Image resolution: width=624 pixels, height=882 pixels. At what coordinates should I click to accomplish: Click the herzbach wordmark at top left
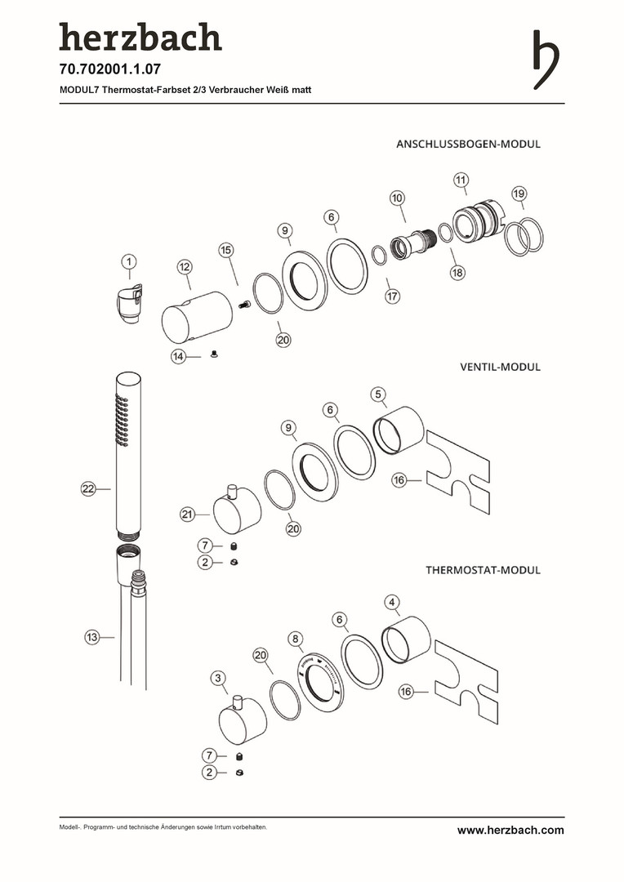click(140, 38)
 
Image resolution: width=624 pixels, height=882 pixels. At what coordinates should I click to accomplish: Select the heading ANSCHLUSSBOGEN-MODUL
click(468, 144)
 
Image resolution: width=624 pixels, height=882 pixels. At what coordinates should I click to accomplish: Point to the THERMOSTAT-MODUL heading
click(483, 570)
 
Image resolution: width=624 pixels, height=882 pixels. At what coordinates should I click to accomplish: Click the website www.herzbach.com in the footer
click(510, 830)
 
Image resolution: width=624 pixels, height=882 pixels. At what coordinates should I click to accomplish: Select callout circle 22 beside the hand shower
click(89, 488)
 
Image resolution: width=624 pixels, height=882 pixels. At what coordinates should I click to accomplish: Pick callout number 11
click(461, 180)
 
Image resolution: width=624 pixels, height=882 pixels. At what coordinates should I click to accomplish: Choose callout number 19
click(519, 194)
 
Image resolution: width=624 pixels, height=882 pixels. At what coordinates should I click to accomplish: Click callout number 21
click(189, 514)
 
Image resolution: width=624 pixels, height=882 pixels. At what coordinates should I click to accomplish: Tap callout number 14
click(179, 356)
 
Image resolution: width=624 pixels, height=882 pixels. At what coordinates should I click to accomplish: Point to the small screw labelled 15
click(243, 305)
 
